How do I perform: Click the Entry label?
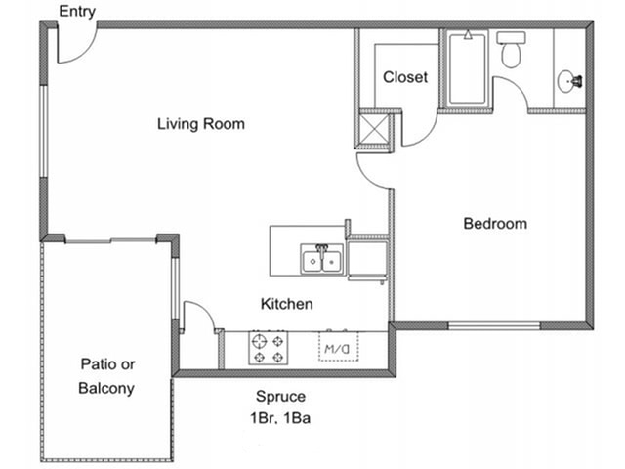[x=77, y=12]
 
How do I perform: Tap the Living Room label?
[x=201, y=124]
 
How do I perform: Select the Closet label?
[x=405, y=77]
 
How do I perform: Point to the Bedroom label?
[x=495, y=224]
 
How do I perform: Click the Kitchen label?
[x=286, y=304]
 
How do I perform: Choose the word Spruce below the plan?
[x=280, y=397]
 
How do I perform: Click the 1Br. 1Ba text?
[x=280, y=418]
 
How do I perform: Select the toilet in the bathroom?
[x=511, y=50]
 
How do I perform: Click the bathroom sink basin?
[x=567, y=81]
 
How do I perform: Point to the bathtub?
[x=468, y=68]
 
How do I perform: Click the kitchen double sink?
[x=321, y=259]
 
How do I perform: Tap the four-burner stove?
[x=269, y=348]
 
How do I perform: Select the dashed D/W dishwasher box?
[x=339, y=347]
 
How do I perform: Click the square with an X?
[x=374, y=129]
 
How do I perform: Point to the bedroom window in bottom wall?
[x=494, y=325]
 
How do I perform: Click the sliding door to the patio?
[x=110, y=240]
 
